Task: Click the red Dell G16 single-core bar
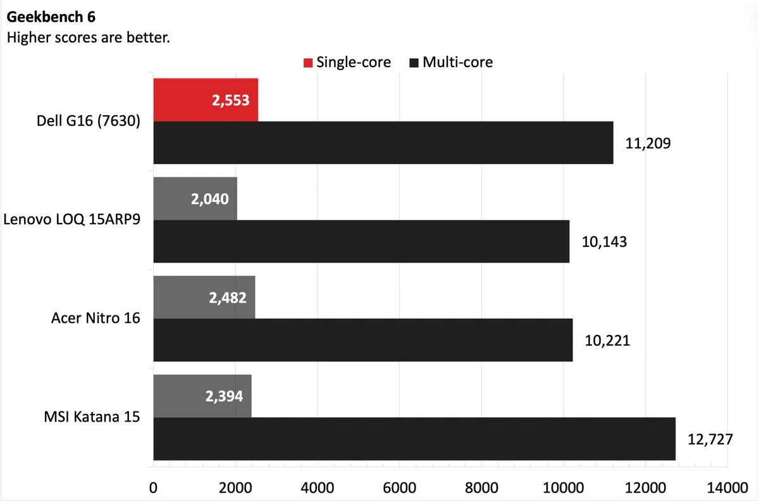(x=206, y=100)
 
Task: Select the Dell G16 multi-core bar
(x=383, y=143)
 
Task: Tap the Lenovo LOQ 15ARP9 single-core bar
(x=195, y=199)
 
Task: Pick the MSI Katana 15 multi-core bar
(x=414, y=439)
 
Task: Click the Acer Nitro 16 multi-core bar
(x=362, y=341)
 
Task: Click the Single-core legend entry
(x=347, y=62)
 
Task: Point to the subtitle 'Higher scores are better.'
(x=88, y=38)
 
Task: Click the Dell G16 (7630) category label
(x=89, y=122)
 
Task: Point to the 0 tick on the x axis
(x=153, y=488)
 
